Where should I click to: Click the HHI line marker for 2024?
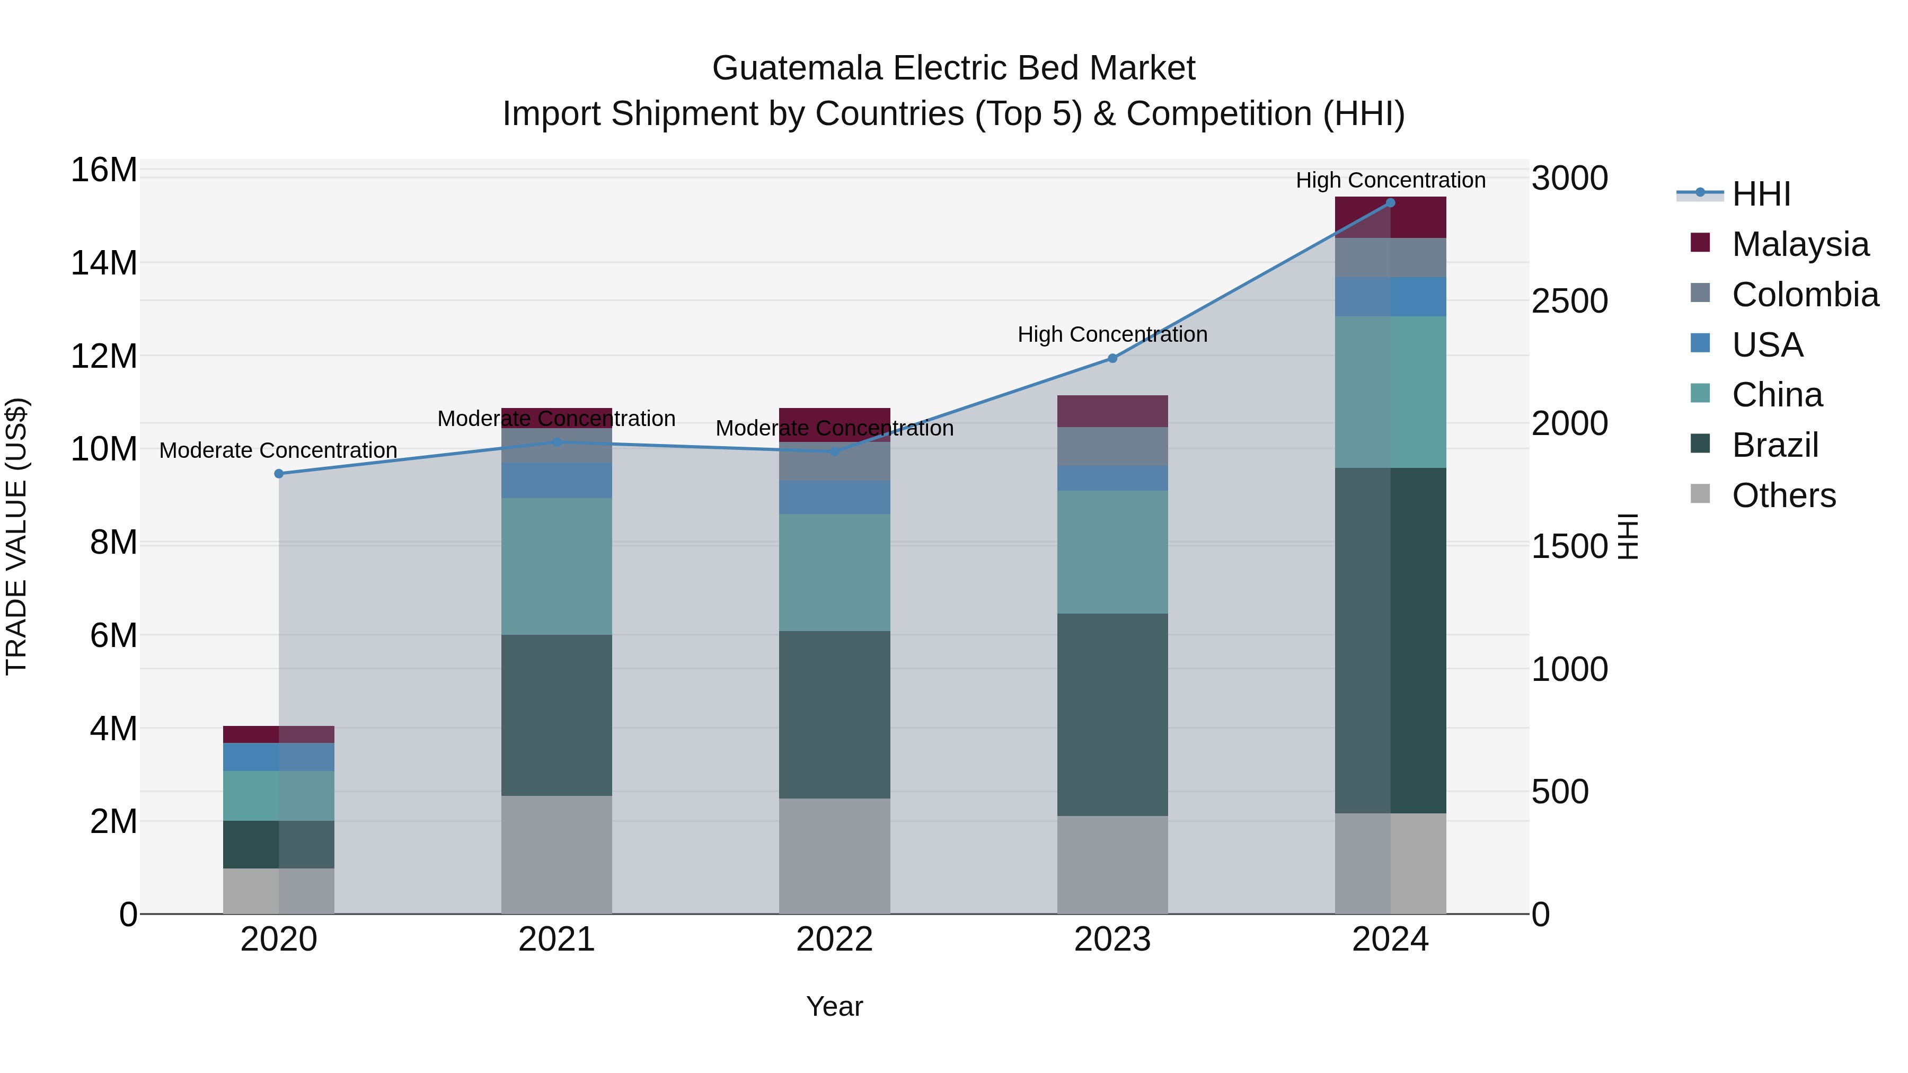[x=1390, y=203]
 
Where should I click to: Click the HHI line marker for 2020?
[x=279, y=474]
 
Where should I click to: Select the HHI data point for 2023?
[x=1112, y=358]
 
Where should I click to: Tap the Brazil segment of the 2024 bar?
[x=1390, y=641]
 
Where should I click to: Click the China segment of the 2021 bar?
[x=557, y=566]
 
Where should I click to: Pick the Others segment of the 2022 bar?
[x=835, y=856]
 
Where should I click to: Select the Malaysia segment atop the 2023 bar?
[x=1112, y=411]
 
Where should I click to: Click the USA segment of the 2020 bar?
[x=279, y=757]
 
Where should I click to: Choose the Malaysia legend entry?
[x=1800, y=244]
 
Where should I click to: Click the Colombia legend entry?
[x=1804, y=294]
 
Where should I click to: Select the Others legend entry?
[x=1783, y=495]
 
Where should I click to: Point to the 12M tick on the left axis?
[x=104, y=356]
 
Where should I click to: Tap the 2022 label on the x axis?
[x=835, y=939]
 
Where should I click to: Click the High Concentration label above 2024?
[x=1390, y=180]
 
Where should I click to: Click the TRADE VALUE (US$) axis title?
[x=16, y=536]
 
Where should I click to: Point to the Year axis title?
[x=835, y=1006]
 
